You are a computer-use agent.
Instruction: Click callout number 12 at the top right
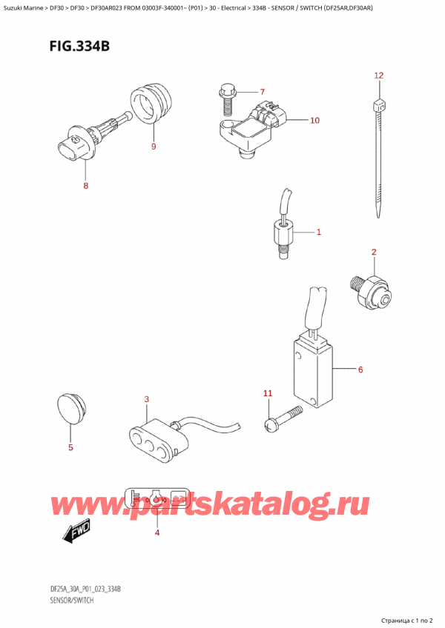378,76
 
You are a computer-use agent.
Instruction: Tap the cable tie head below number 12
380,105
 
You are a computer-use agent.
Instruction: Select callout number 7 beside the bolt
261,92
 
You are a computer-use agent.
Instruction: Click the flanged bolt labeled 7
225,96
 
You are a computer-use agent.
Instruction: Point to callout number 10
314,120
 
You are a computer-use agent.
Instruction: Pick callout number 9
154,146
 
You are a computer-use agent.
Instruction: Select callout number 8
85,186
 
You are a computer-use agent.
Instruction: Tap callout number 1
318,233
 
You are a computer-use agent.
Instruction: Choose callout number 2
374,253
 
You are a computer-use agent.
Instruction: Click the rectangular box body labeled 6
312,374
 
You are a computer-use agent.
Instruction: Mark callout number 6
360,370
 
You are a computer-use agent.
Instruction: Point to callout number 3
147,400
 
